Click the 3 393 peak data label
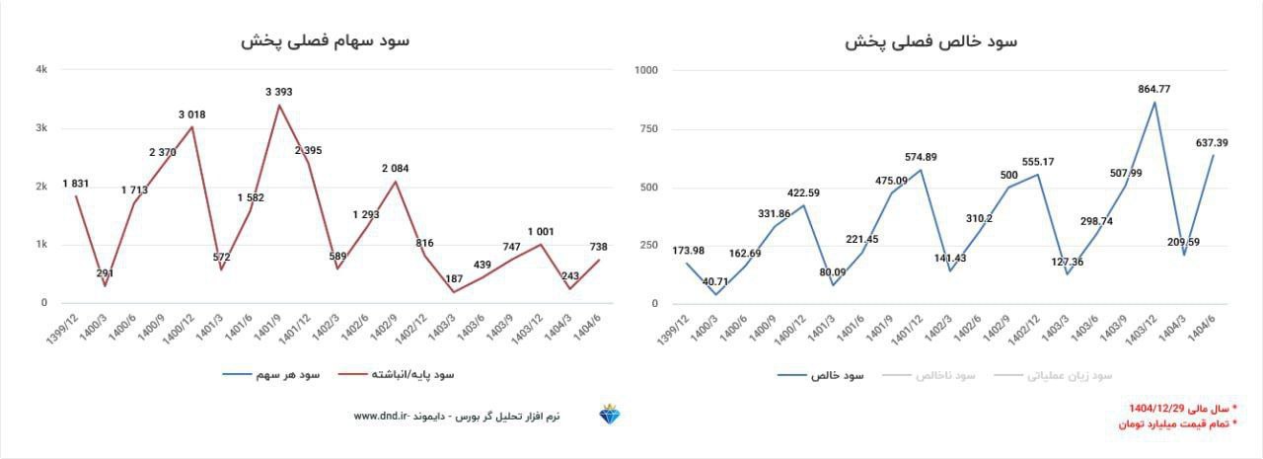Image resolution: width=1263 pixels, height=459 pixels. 279,92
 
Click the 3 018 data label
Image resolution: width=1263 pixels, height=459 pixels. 192,115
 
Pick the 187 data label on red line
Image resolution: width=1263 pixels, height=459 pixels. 455,278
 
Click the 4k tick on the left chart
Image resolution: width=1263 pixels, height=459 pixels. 41,70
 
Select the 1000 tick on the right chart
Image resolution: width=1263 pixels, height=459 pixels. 644,70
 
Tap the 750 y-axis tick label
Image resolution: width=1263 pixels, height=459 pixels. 648,129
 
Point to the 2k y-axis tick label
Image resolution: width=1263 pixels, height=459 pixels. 41,187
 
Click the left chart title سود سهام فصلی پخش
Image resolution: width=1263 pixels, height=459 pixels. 325,40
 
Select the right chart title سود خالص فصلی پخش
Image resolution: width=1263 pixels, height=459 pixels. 930,41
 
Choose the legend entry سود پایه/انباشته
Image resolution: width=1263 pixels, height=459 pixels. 411,375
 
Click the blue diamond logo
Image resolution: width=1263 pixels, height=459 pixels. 609,416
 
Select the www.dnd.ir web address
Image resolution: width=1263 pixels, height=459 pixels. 380,417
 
